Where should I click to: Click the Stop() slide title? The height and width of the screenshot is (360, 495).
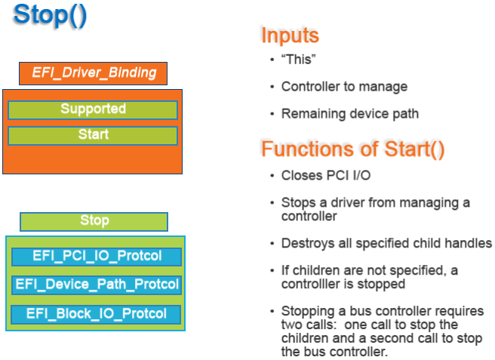point(50,16)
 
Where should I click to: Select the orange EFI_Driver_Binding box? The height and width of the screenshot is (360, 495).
point(94,73)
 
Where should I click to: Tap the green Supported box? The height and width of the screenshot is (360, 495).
point(93,109)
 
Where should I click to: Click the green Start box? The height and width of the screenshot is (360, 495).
point(93,135)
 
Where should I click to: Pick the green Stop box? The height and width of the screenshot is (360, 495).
point(94,221)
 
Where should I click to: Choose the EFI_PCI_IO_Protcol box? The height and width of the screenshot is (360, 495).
point(97,256)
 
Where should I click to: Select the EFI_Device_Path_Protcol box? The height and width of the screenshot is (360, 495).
point(97,285)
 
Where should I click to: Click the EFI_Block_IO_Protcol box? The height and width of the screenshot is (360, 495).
point(97,313)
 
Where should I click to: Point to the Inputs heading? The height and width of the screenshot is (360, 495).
point(290,35)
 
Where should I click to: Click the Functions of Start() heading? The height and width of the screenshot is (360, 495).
point(352,149)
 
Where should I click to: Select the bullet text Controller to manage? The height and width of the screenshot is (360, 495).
point(344,87)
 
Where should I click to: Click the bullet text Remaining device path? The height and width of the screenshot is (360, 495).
point(350,114)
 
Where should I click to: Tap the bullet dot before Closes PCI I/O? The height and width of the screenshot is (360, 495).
point(272,177)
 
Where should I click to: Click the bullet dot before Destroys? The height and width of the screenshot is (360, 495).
point(272,244)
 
